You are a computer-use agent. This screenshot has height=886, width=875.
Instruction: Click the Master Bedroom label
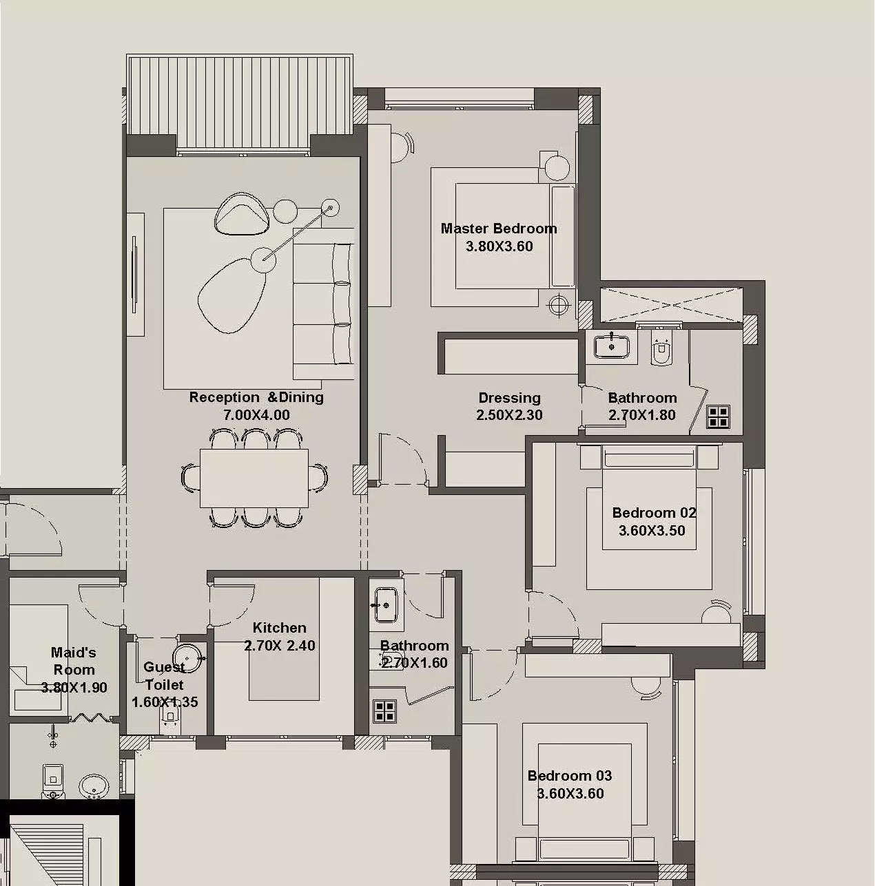(498, 229)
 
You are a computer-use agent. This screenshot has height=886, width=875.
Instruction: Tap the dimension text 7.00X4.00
(256, 415)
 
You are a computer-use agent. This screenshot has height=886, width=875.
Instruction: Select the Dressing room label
(509, 398)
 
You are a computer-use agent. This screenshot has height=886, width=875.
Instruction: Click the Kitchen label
(279, 628)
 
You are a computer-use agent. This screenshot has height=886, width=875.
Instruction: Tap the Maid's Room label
(74, 661)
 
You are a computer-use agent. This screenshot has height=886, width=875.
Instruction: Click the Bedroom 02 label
(653, 513)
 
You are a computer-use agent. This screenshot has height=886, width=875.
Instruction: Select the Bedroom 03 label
(569, 776)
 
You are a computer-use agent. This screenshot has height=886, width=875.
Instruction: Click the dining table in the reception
(254, 478)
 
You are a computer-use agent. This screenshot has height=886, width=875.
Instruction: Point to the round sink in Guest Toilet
(185, 657)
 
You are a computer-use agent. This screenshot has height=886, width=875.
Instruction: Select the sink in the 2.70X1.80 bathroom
(611, 346)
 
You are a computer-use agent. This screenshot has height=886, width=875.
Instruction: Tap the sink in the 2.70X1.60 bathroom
(386, 605)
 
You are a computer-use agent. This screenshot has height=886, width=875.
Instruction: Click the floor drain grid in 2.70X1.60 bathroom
(384, 710)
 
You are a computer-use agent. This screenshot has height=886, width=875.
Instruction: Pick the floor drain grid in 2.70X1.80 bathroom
(718, 417)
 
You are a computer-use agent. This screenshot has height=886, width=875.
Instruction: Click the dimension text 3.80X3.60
(499, 246)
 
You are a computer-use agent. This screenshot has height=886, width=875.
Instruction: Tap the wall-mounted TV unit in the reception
(135, 274)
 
